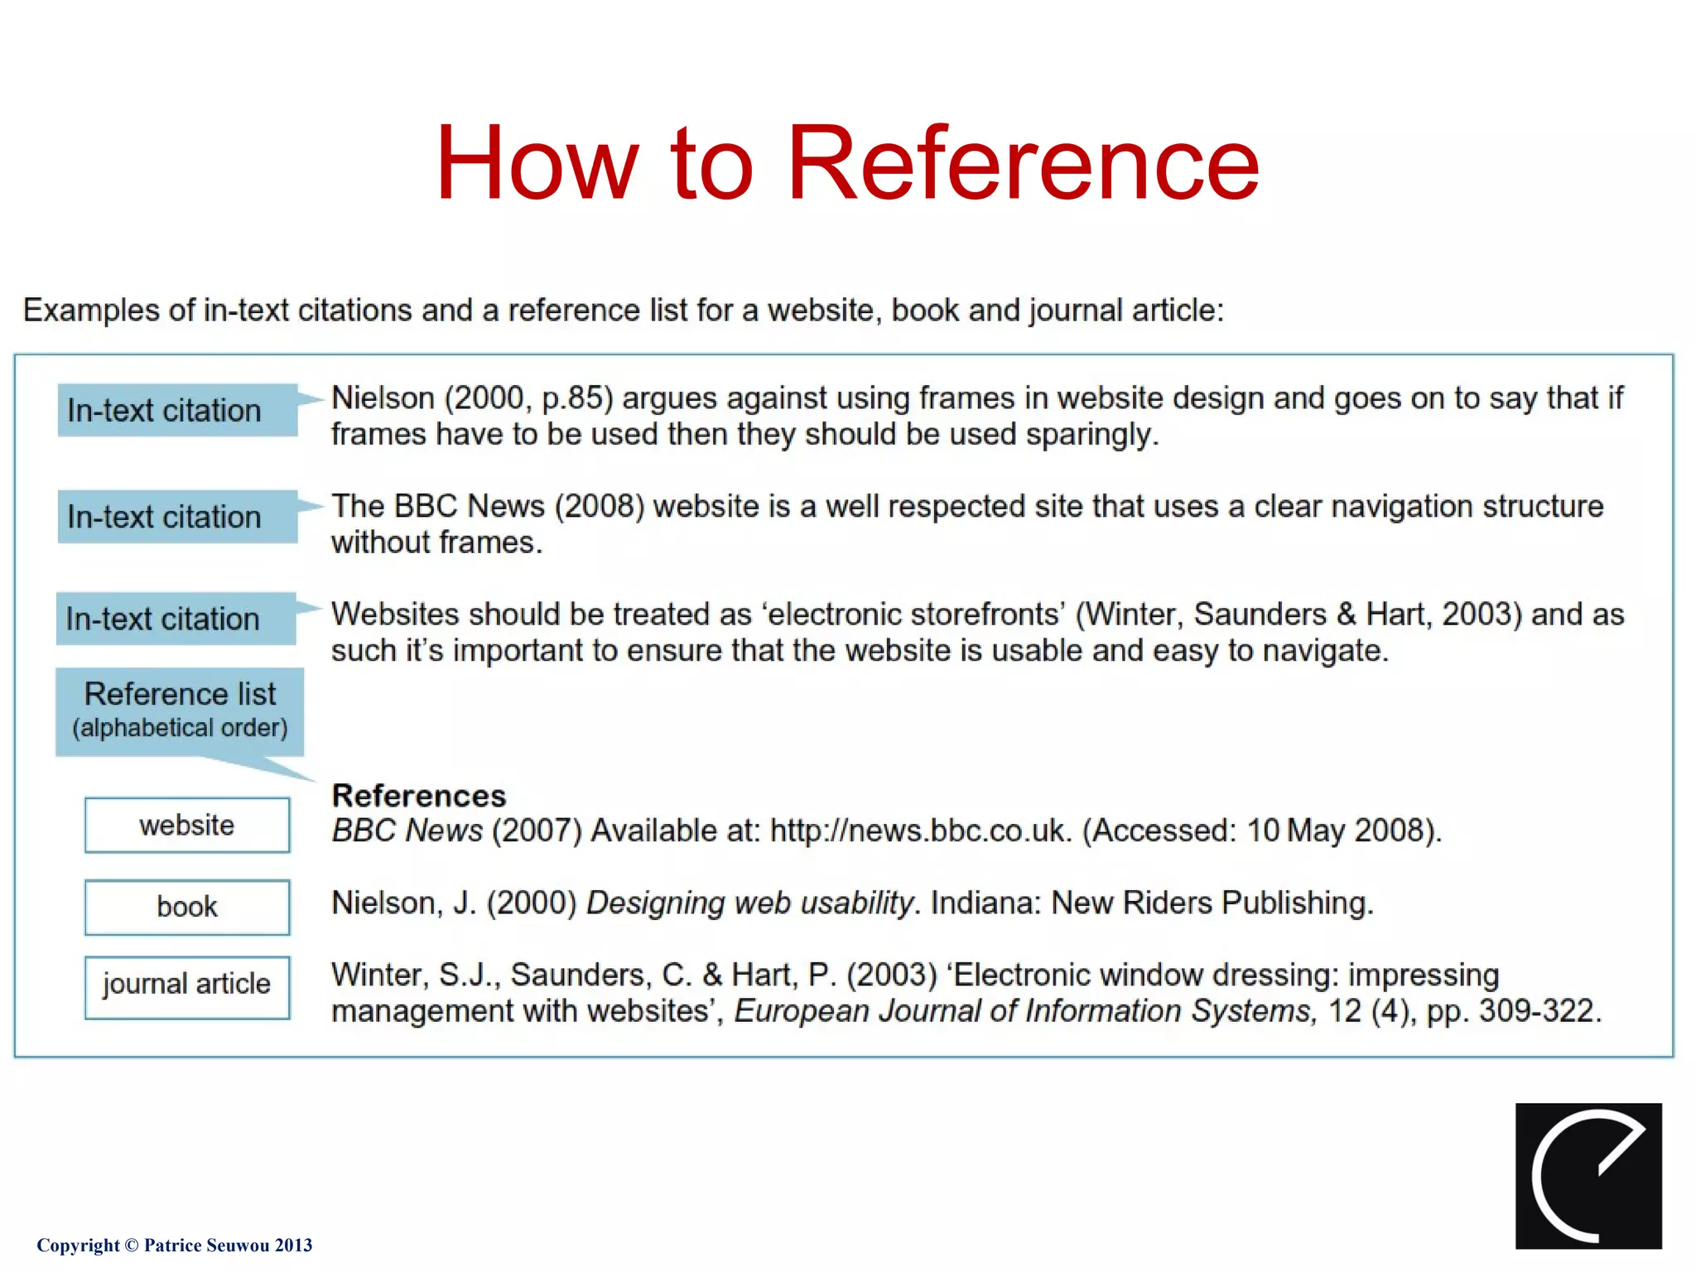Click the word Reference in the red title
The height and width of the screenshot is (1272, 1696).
[x=1023, y=163]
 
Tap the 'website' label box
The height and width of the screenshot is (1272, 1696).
[x=187, y=825]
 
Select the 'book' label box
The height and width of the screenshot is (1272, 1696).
[x=187, y=907]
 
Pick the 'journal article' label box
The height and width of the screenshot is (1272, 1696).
[x=187, y=985]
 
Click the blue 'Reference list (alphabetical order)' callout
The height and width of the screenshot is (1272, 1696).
[x=180, y=711]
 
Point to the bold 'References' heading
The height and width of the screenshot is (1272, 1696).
[x=419, y=796]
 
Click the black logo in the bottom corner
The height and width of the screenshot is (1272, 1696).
[x=1588, y=1175]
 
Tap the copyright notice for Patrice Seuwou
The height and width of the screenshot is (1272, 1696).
[x=175, y=1245]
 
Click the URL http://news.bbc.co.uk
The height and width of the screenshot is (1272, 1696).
[x=918, y=831]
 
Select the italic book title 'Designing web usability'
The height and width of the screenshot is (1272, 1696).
[x=749, y=903]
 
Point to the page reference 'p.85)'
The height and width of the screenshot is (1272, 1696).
[x=577, y=398]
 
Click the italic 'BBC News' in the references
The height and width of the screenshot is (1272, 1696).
[x=407, y=831]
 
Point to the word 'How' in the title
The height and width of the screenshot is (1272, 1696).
[x=537, y=163]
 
